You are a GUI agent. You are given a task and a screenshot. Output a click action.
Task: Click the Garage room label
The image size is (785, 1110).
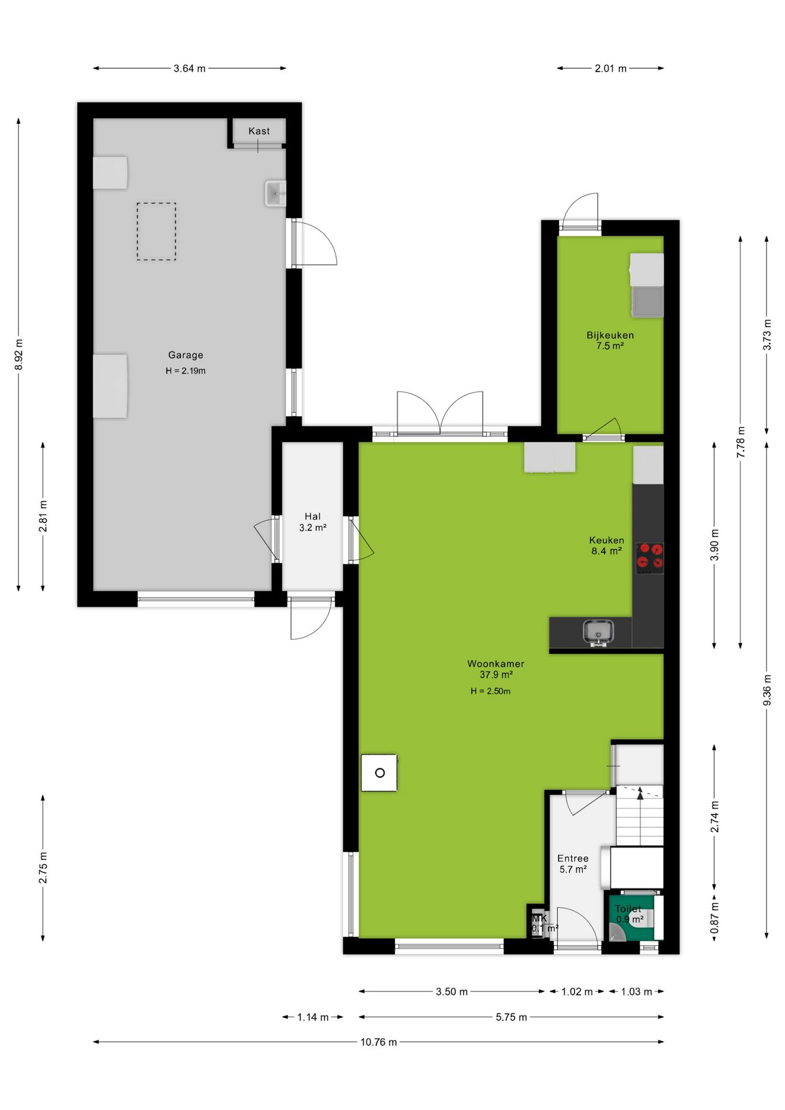click(x=186, y=355)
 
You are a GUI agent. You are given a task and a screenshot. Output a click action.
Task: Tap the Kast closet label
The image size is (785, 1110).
click(x=259, y=131)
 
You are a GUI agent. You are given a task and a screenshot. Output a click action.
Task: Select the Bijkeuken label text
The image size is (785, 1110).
click(x=610, y=335)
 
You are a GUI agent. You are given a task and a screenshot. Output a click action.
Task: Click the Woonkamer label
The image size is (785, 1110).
click(x=496, y=664)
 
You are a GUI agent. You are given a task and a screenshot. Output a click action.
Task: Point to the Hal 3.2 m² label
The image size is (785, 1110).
click(x=313, y=522)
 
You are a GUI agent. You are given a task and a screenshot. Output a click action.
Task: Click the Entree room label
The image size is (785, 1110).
click(x=573, y=859)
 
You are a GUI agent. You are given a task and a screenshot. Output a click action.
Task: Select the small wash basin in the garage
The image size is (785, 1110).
click(x=276, y=193)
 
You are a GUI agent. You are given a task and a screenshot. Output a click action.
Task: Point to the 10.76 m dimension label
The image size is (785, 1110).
click(x=379, y=1042)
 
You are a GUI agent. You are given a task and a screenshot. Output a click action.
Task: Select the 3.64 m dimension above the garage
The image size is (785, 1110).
click(x=190, y=68)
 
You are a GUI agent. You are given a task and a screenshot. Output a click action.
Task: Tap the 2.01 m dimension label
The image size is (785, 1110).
click(x=610, y=68)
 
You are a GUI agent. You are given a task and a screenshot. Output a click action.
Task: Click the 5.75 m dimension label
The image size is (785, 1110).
click(x=511, y=1017)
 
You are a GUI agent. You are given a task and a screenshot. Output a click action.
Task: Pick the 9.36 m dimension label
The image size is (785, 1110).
click(x=767, y=690)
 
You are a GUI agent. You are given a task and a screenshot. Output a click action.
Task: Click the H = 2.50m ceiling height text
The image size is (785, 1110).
click(x=490, y=691)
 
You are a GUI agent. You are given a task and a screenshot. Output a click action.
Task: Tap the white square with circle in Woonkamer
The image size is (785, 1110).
click(x=379, y=772)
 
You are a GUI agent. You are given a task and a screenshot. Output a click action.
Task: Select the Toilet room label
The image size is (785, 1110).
click(x=628, y=909)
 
